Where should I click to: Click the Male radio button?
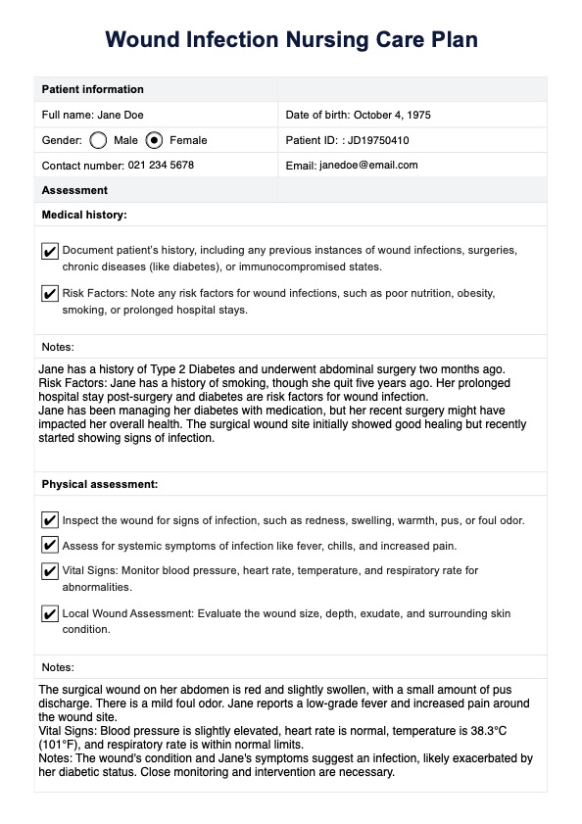coord(97,140)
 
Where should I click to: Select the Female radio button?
coord(154,140)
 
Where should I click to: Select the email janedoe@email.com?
coord(368,165)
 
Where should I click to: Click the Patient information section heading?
coord(92,89)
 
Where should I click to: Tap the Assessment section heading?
coord(74,190)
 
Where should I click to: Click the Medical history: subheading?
coord(84,214)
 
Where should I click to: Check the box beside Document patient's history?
coord(50,252)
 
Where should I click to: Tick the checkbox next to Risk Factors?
coord(50,294)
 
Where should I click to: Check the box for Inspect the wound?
coord(50,520)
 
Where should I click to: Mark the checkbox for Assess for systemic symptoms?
coord(50,545)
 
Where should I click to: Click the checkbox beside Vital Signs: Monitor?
coord(50,571)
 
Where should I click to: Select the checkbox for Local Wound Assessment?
coord(50,614)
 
